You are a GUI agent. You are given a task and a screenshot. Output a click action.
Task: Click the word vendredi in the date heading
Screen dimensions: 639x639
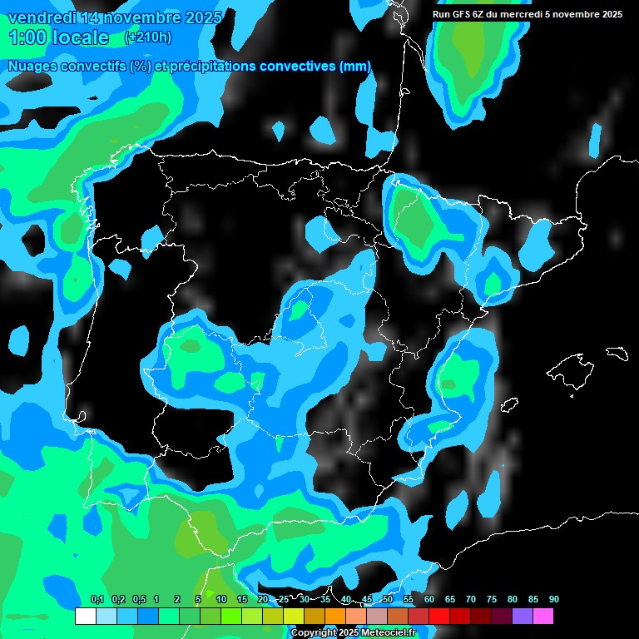[x=42, y=17]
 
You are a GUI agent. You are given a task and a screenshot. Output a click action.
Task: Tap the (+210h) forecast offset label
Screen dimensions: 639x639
[x=147, y=37]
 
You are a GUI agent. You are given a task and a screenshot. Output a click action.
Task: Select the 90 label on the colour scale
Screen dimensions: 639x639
[x=553, y=599]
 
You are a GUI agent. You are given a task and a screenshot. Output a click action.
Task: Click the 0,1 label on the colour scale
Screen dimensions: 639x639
[x=97, y=599]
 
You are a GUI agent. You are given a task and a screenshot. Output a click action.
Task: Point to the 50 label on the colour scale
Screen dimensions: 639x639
[x=388, y=599]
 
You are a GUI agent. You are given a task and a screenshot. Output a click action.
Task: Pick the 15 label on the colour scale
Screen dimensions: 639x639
[x=242, y=599]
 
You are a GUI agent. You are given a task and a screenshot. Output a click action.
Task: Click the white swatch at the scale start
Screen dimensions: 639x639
[x=85, y=616]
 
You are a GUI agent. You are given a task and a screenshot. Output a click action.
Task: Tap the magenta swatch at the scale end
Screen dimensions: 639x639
[x=543, y=616]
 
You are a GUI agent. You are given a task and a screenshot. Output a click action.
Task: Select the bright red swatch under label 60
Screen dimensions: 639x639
[x=439, y=616]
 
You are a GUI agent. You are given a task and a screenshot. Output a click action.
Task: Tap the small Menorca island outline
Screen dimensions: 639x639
[x=617, y=353]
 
